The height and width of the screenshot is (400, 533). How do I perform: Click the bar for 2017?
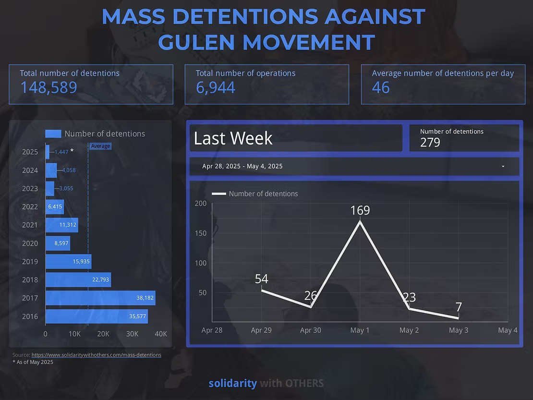100,298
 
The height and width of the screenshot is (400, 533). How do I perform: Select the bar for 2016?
96,316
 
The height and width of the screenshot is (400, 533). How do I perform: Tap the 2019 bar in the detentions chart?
68,262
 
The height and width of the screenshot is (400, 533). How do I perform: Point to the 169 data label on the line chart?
360,210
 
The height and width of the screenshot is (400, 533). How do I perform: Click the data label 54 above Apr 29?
261,279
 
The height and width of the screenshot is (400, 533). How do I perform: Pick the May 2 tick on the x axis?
409,330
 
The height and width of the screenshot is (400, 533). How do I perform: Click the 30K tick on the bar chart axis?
132,334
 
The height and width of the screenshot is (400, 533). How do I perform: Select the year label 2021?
30,225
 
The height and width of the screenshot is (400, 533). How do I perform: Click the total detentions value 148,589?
48,87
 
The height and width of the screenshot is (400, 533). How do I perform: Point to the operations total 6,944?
216,87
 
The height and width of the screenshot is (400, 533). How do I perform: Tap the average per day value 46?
381,87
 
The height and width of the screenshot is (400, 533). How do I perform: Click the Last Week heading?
233,139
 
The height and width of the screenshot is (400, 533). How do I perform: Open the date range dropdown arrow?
503,167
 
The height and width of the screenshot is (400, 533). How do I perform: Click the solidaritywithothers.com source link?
96,355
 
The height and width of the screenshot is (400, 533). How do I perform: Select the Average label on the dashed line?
100,146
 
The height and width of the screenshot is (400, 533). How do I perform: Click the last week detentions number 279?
430,143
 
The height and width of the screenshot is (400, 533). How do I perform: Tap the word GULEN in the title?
197,42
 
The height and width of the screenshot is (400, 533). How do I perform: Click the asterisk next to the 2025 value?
72,151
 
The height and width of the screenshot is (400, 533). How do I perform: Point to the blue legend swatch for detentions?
53,134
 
